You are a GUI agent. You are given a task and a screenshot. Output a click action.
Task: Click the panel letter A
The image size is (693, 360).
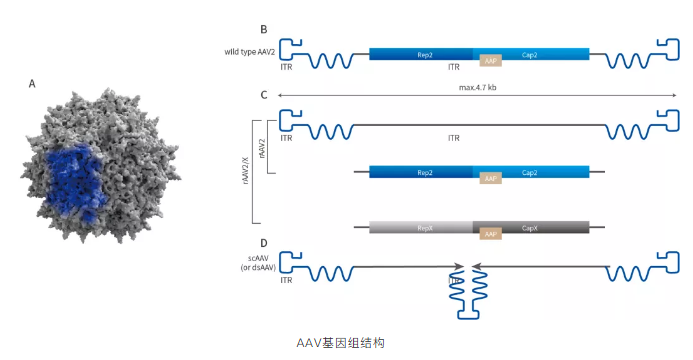point(32,85)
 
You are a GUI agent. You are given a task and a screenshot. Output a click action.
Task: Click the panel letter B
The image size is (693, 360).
point(263,31)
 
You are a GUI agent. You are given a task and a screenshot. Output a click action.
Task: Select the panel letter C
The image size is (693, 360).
point(263,96)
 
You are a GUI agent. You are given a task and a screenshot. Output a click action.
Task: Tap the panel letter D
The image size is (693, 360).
point(263,243)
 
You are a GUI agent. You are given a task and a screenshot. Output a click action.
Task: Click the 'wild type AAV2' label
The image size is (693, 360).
point(249,52)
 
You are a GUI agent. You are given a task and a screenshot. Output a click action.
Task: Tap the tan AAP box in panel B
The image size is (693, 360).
point(490,60)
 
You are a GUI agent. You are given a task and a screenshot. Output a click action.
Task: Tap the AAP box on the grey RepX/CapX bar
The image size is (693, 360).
point(490,234)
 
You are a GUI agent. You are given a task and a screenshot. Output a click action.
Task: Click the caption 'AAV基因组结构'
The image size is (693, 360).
point(340,342)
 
